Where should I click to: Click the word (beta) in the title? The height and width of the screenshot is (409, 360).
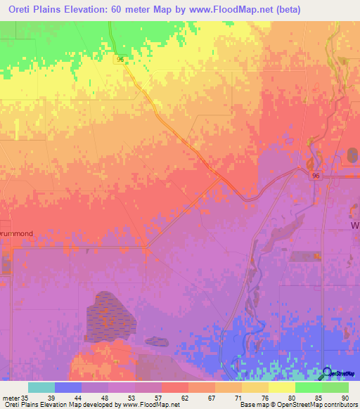(x=265, y=10)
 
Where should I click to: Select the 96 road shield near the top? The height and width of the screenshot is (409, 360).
(x=120, y=60)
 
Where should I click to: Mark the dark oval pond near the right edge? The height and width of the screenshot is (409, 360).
(x=352, y=155)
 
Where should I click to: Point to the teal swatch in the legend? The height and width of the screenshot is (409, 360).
(x=41, y=387)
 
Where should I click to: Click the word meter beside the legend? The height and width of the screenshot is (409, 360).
(x=10, y=398)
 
